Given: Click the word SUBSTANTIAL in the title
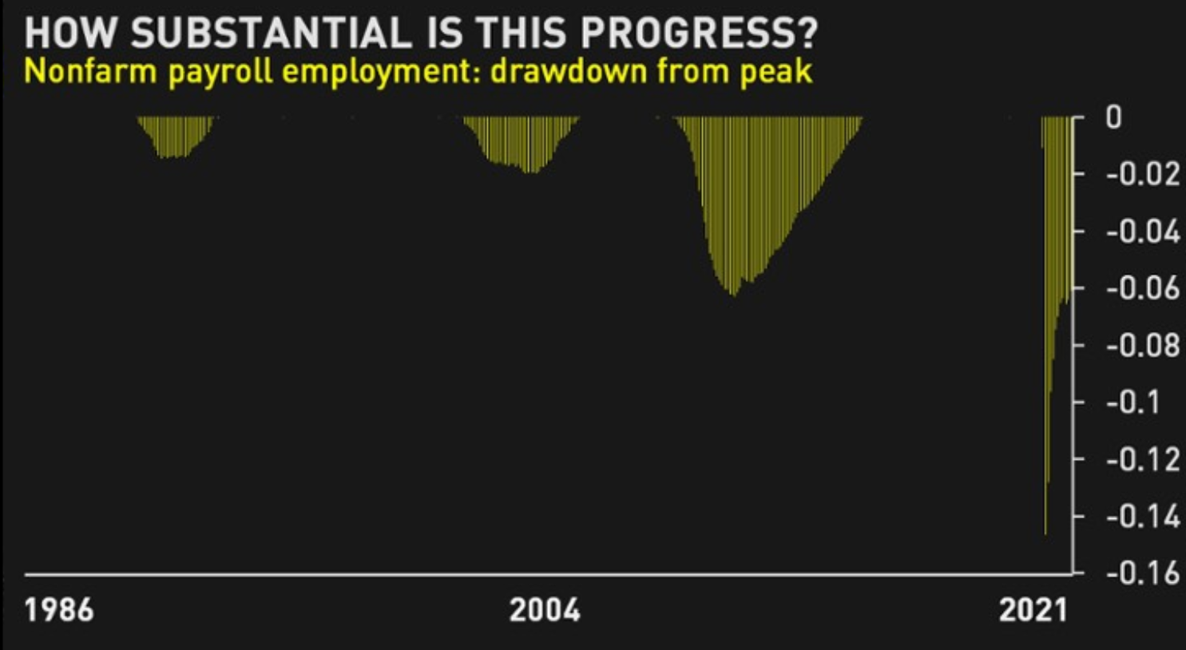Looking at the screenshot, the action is coord(271,34).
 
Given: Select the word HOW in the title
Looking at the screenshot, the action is coord(69,34).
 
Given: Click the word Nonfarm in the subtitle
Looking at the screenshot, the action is coord(90,71).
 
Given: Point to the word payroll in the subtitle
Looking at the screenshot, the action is coord(220,73).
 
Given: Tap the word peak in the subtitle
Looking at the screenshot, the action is coord(775,73).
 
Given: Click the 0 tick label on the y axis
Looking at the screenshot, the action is coord(1113,117).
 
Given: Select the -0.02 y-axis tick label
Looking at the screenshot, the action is coord(1143,174).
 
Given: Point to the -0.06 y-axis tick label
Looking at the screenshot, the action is coord(1143,288).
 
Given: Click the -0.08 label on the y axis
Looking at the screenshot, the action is coord(1143,346).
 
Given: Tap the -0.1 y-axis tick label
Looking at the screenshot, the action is coord(1133,402).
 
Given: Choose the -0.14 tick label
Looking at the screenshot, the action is coord(1143,517).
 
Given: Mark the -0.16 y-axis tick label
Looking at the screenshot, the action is coord(1143,573).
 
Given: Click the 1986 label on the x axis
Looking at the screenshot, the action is coord(59,610).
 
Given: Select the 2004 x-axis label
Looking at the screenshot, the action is coord(545,610).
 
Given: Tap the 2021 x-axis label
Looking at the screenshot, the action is coord(1033,610).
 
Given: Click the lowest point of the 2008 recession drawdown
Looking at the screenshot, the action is coord(734,295).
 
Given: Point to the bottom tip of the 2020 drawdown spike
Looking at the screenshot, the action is coord(1045,534).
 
